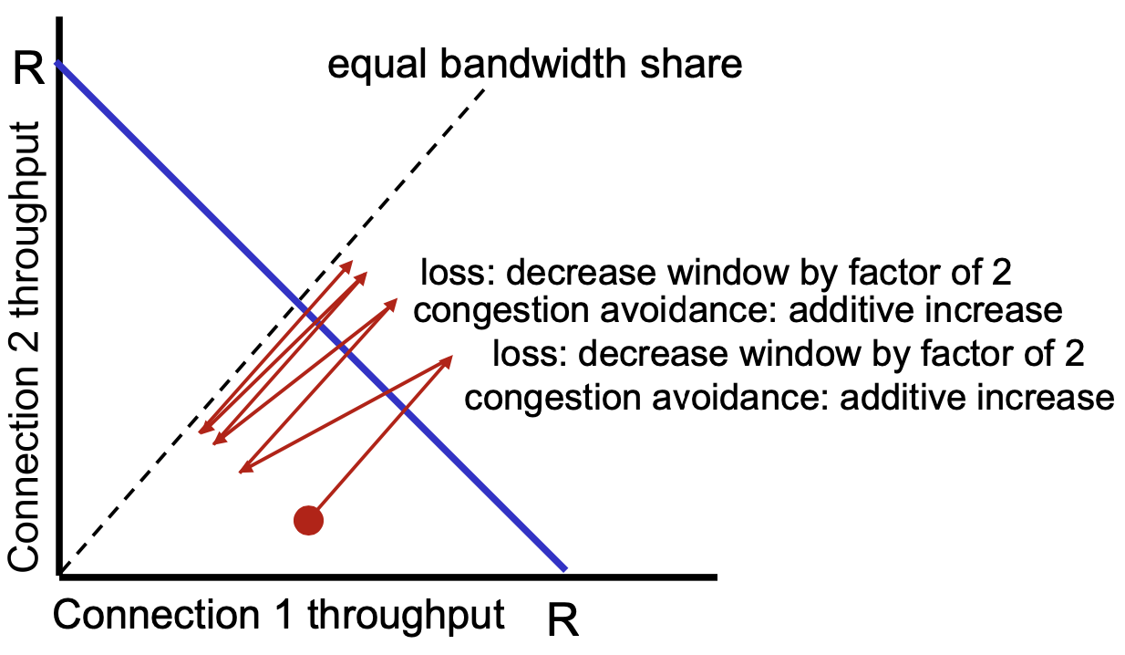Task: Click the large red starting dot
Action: click(x=309, y=520)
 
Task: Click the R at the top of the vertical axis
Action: click(x=30, y=69)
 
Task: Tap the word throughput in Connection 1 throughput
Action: click(x=405, y=617)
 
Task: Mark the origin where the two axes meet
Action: click(x=60, y=575)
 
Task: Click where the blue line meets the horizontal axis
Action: click(x=565, y=572)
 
